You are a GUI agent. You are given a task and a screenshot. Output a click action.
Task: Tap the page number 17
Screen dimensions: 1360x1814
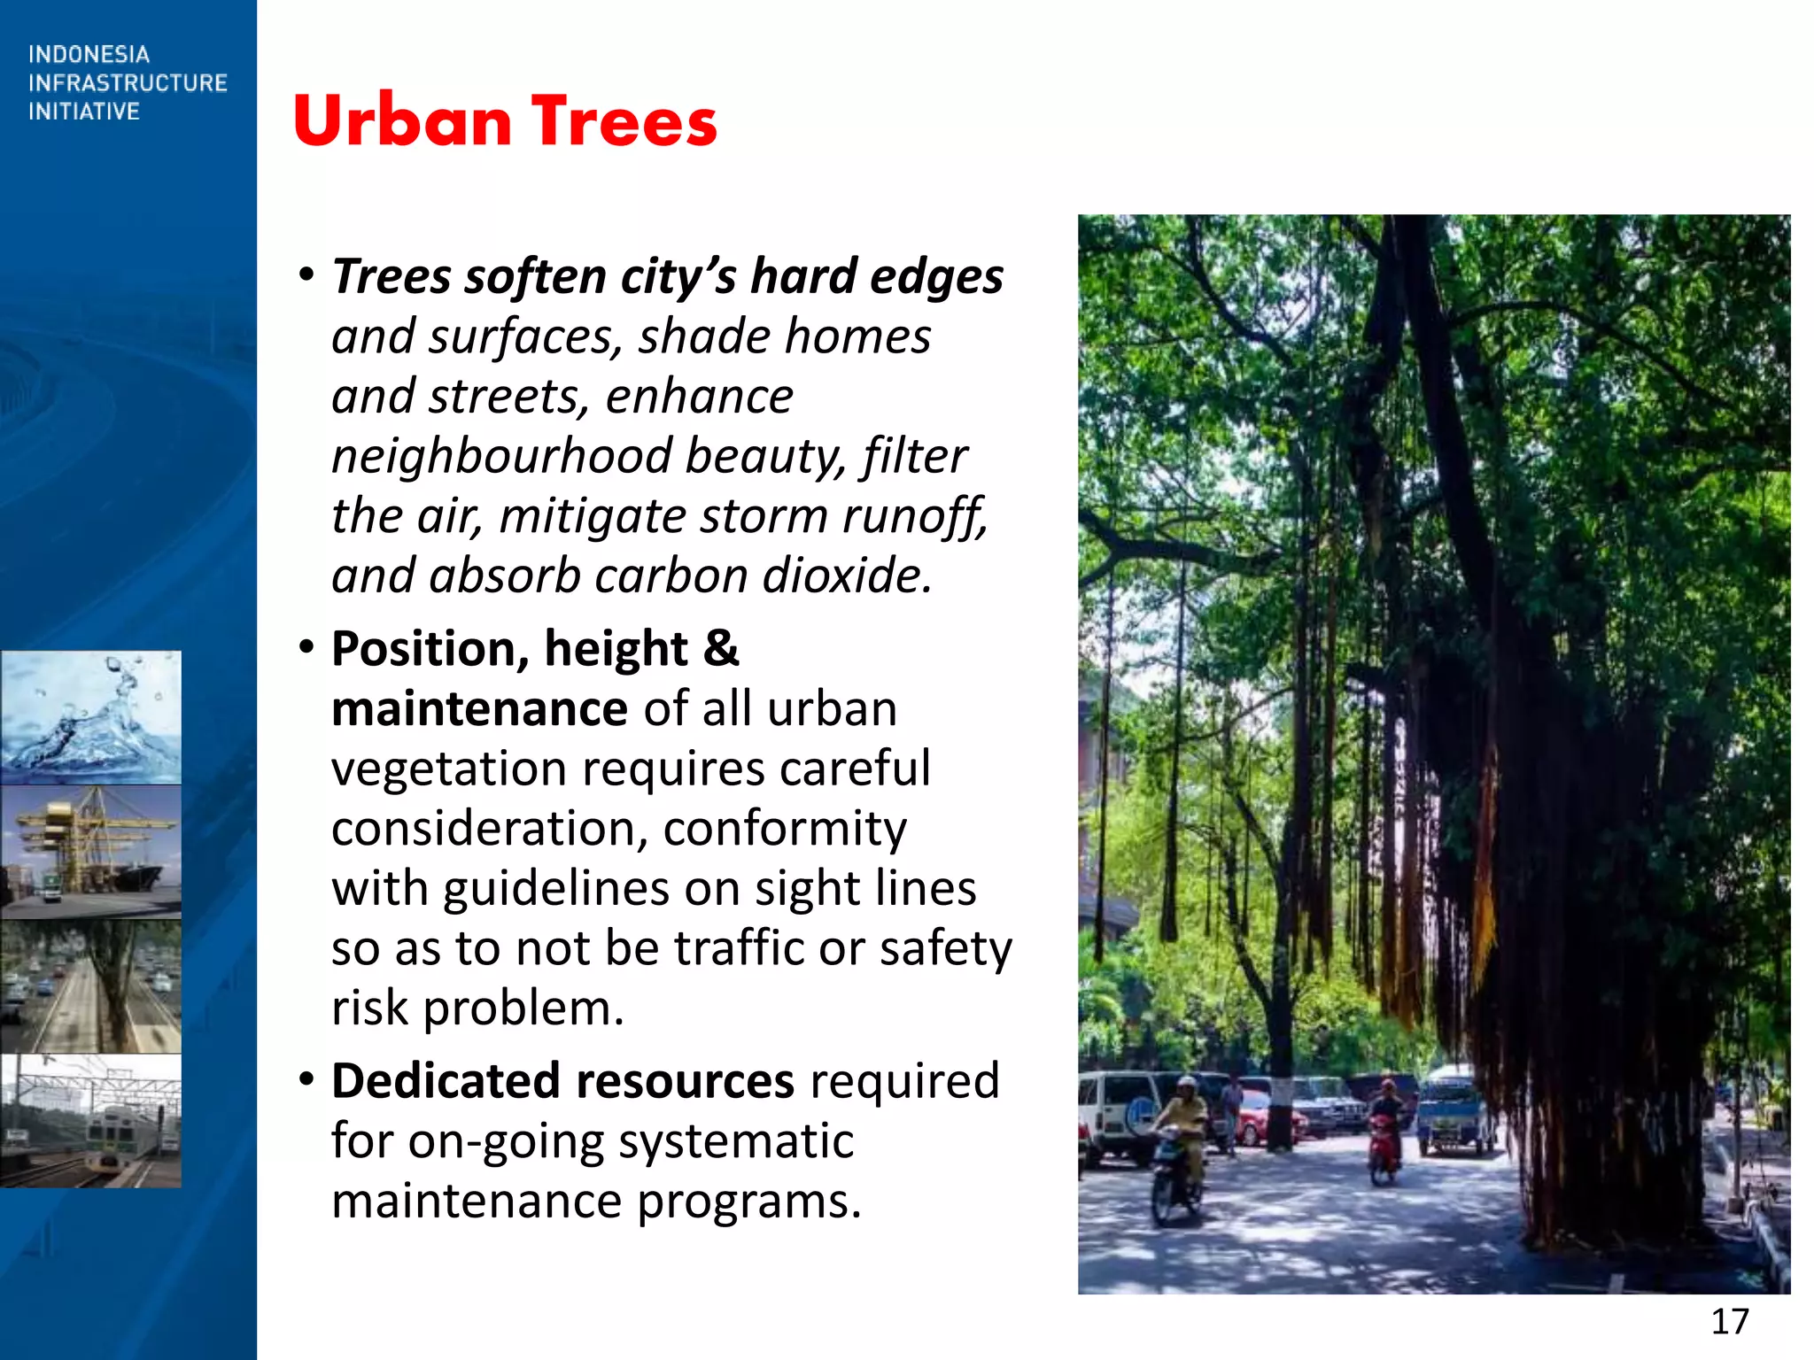point(1729,1322)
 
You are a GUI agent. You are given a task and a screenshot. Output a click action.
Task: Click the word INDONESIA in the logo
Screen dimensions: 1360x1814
point(89,55)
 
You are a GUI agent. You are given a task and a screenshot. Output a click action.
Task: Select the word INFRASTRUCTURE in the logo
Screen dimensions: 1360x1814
point(128,83)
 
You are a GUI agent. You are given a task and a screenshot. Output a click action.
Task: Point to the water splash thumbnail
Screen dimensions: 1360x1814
point(90,717)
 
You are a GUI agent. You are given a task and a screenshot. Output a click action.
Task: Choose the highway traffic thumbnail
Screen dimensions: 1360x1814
point(90,986)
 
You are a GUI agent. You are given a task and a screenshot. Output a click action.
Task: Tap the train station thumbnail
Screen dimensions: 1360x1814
point(90,1121)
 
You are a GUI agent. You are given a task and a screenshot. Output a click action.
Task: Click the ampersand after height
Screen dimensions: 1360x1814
point(721,649)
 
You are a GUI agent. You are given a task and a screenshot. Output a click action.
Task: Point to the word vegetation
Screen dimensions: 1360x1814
point(448,769)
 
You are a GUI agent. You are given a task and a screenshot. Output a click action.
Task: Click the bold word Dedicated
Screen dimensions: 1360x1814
point(446,1081)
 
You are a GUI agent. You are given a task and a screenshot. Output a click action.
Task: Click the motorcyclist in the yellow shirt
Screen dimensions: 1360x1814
point(1181,1142)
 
